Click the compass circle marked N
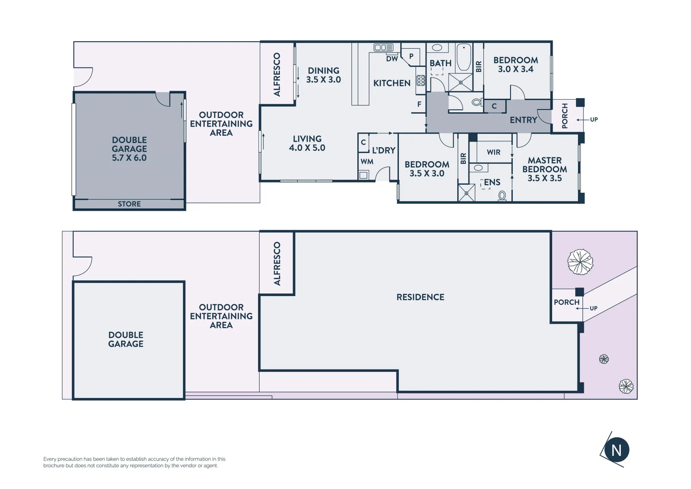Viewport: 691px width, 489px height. tap(616, 450)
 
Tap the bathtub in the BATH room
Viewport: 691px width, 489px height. tap(464, 57)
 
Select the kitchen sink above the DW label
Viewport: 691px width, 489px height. tap(383, 47)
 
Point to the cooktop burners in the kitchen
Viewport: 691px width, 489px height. tap(421, 81)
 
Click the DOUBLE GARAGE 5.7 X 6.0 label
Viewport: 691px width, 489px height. tap(129, 149)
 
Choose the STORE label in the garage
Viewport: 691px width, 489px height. tap(129, 204)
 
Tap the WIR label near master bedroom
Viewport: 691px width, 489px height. tap(493, 152)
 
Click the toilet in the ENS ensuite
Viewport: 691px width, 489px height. tap(502, 196)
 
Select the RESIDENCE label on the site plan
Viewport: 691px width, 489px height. tap(420, 297)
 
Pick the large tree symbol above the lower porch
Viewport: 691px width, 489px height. tap(580, 262)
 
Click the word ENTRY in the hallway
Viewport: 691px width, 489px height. tap(523, 120)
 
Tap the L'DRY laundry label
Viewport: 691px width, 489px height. tap(383, 150)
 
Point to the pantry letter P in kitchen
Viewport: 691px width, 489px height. tap(411, 57)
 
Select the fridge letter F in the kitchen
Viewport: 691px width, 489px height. tap(419, 104)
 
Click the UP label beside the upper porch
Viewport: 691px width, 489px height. tap(594, 120)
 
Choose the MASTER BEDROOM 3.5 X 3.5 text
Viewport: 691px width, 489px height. tap(544, 169)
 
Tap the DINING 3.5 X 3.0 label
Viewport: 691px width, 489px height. tap(323, 75)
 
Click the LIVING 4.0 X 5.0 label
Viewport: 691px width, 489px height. tap(307, 144)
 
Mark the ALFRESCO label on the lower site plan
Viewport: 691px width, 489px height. tap(277, 264)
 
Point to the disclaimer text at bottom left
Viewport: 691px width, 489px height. tap(134, 462)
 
